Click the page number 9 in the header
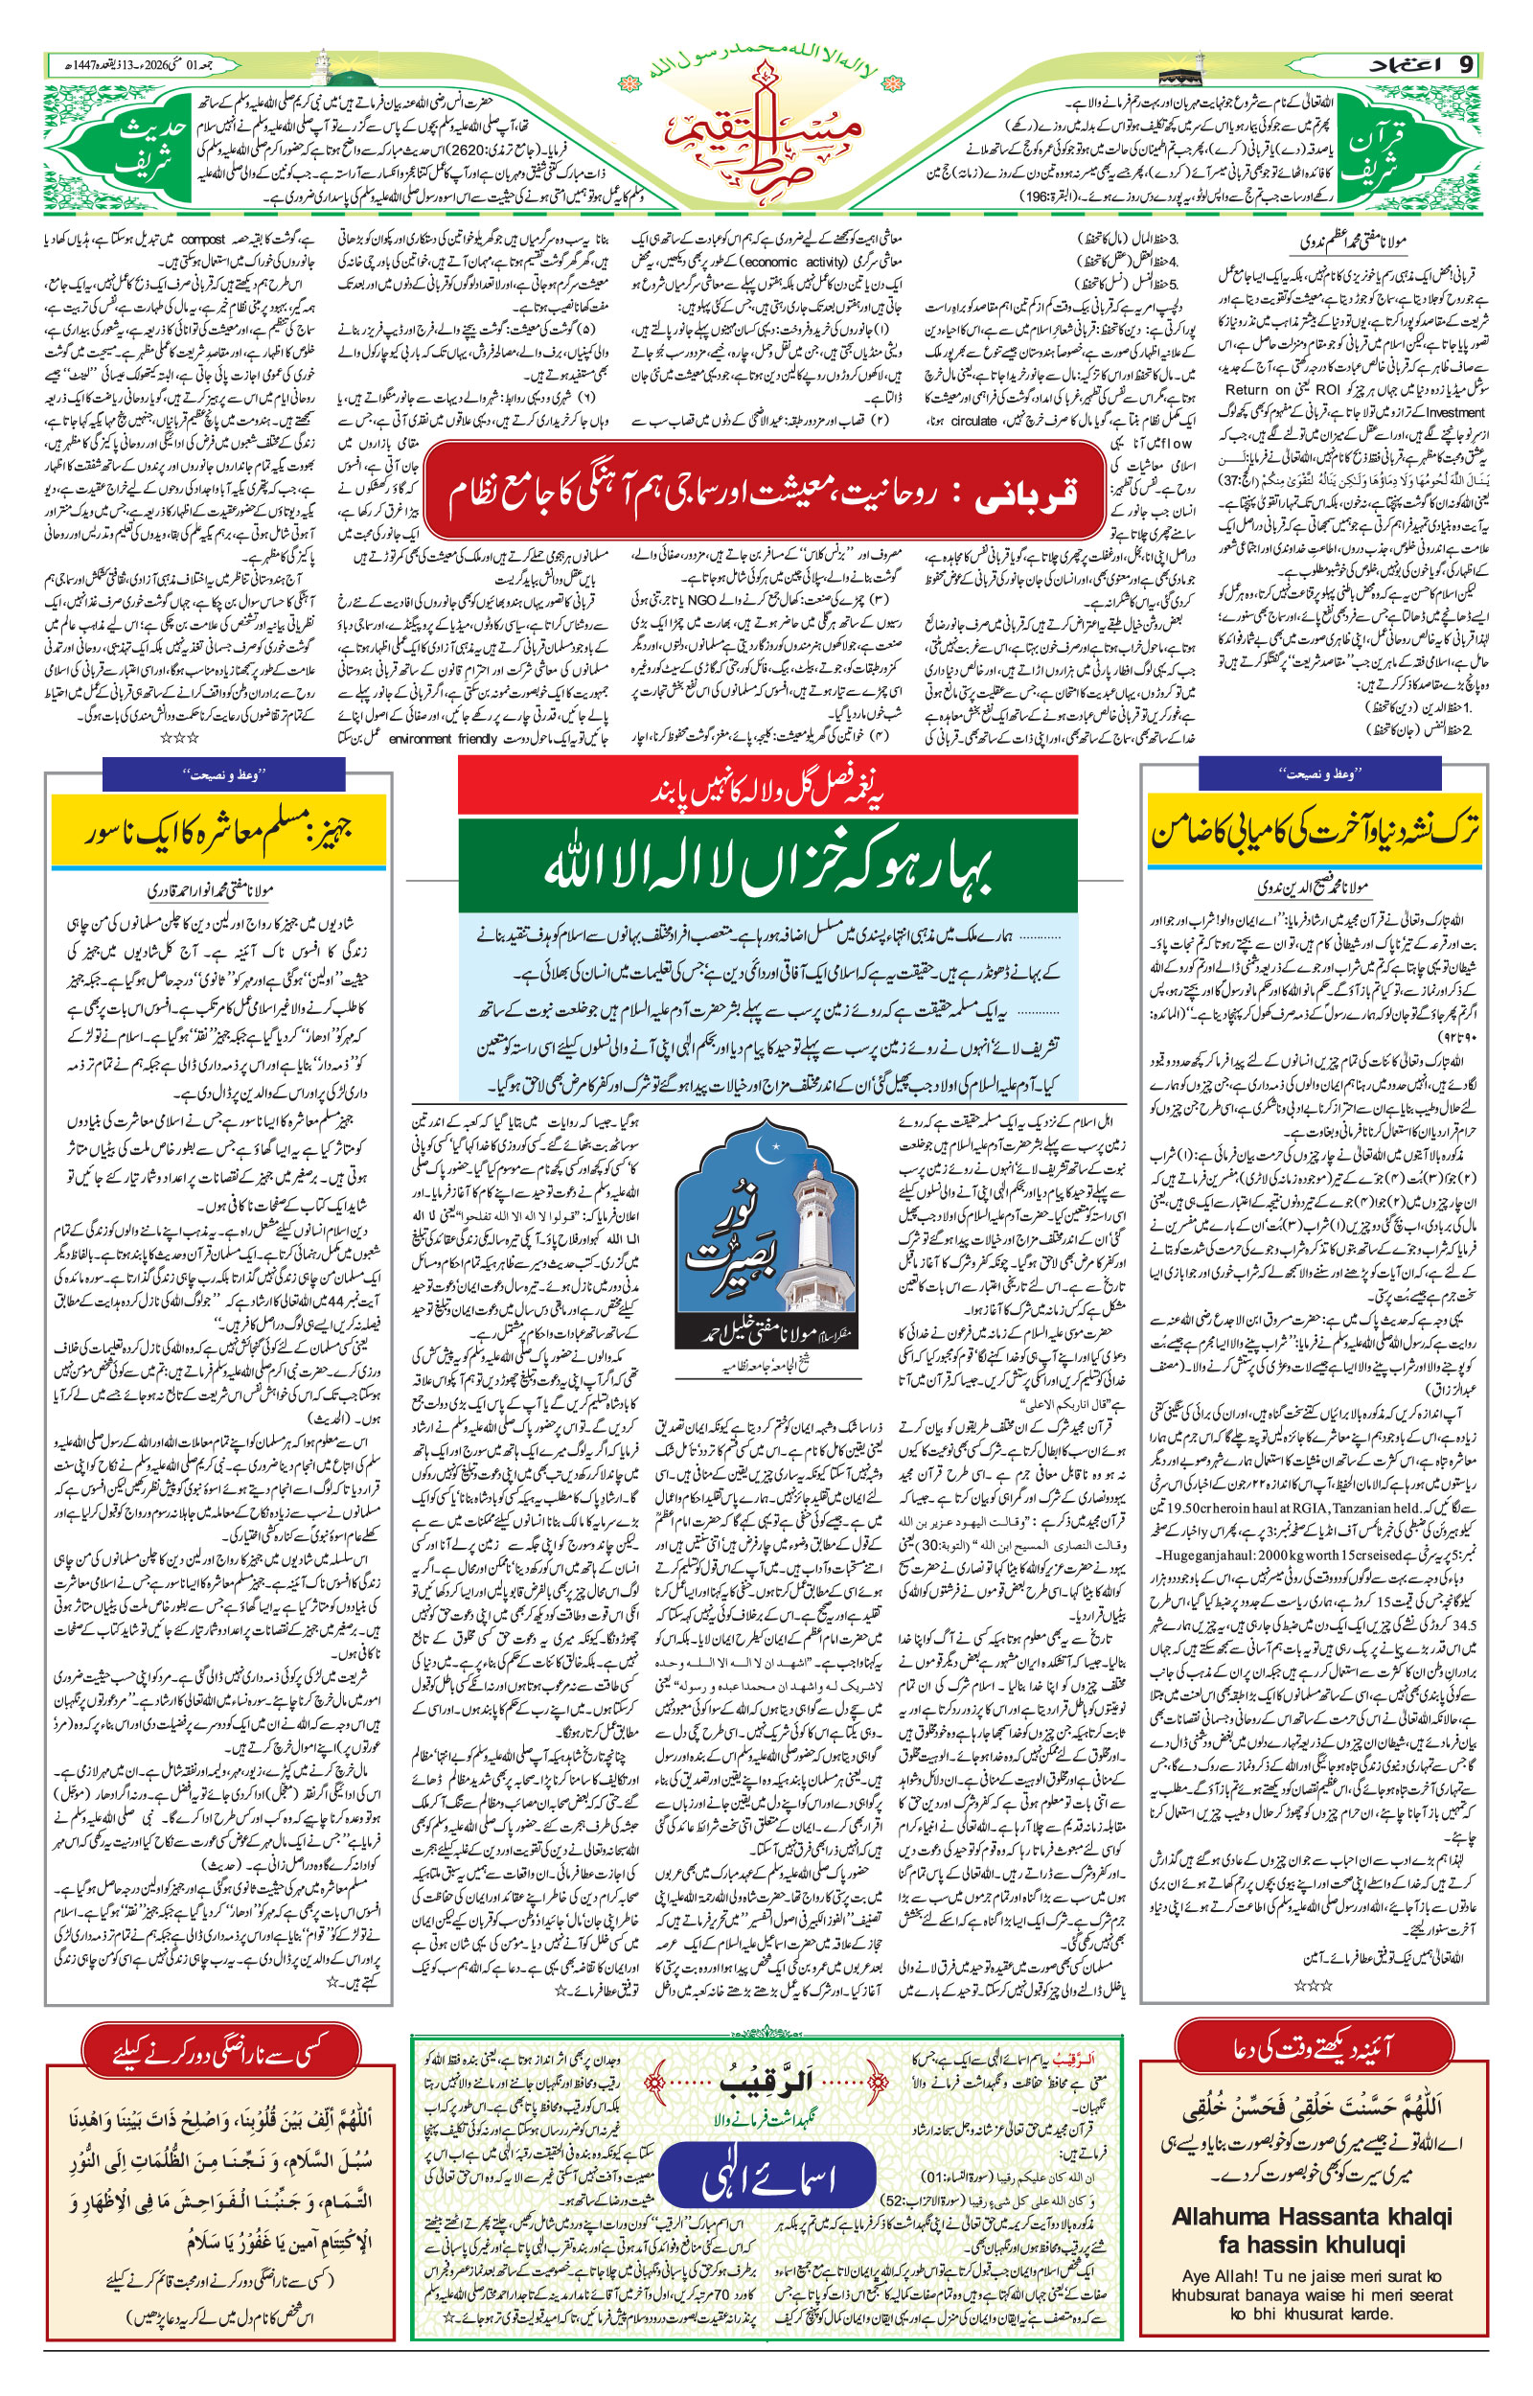click(1465, 65)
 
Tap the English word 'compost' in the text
click(203, 239)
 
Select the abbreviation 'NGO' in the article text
click(700, 599)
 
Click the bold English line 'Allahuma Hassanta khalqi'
click(1312, 2216)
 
